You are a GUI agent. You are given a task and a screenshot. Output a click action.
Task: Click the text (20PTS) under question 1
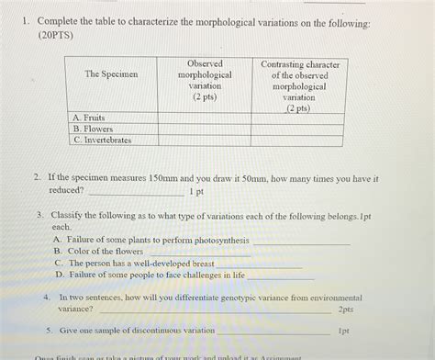[x=57, y=35]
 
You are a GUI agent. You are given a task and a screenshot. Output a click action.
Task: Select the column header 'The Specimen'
[x=111, y=74]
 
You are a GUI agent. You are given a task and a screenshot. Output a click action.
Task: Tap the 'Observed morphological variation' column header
[x=204, y=80]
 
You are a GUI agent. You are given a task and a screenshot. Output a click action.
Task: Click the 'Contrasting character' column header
[x=300, y=84]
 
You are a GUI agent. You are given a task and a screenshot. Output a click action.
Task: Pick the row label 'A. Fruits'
[x=89, y=118]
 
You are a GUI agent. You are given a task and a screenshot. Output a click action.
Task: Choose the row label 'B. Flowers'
[x=93, y=129]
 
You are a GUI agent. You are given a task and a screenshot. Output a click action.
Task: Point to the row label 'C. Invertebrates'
[x=102, y=141]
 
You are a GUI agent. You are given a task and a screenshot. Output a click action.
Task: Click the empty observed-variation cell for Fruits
[x=205, y=118]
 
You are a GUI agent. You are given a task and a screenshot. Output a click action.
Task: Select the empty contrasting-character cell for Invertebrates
[x=300, y=141]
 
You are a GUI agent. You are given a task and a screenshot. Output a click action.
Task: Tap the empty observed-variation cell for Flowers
[x=205, y=129]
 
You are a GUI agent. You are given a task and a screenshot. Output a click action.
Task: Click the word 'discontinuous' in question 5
[x=143, y=329]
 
